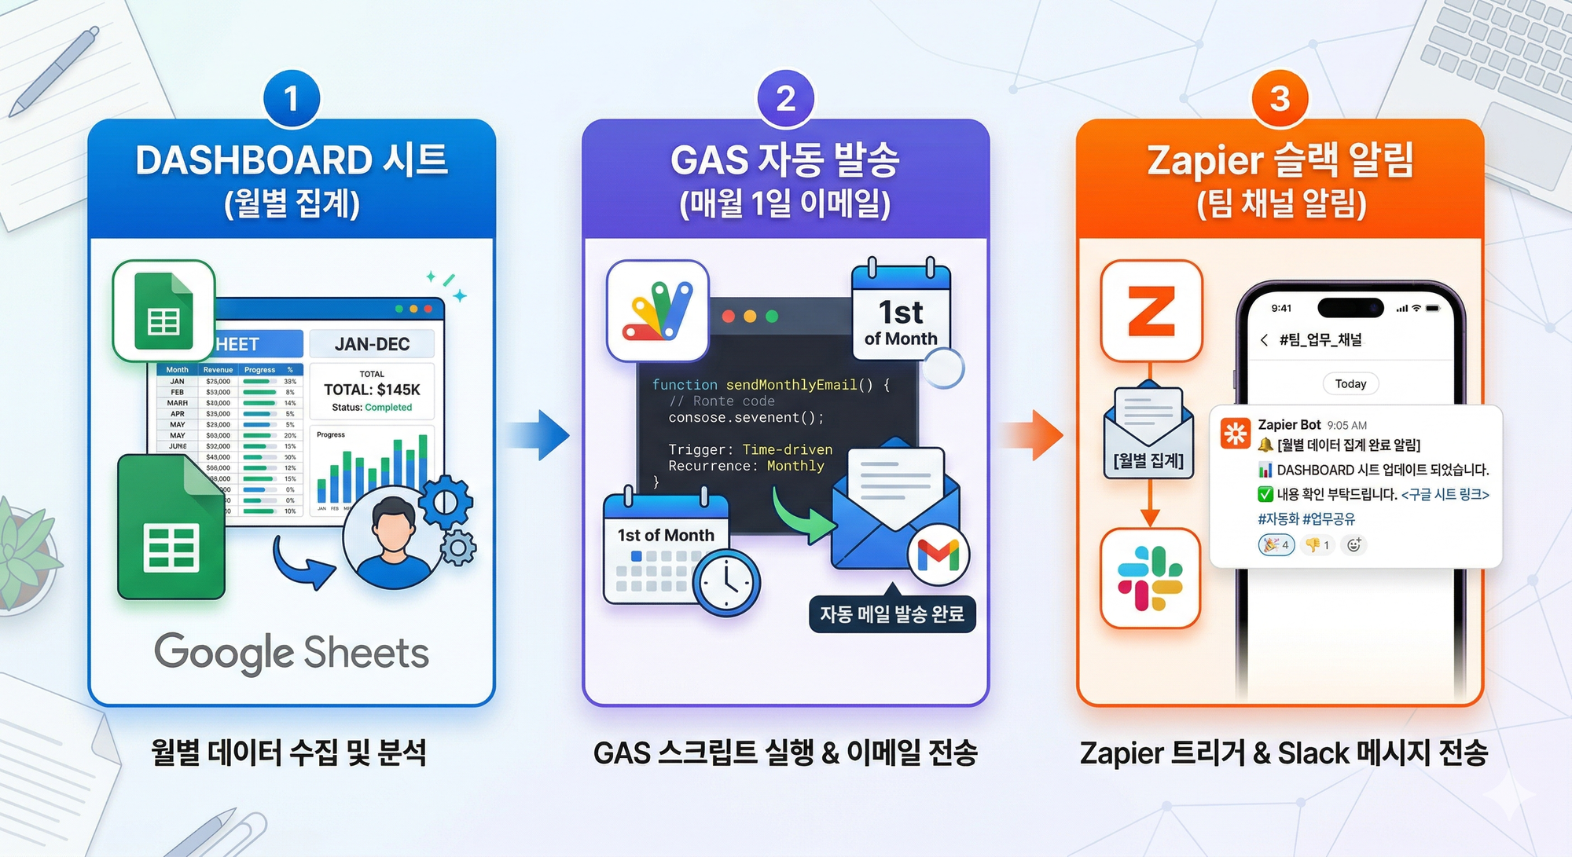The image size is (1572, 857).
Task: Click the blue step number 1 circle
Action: tap(292, 99)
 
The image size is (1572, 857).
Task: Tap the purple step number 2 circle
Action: tap(785, 99)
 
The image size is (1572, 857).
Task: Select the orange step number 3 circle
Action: tap(1280, 99)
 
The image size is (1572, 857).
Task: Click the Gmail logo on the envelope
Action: tap(938, 555)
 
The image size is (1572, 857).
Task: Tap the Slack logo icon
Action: tap(1150, 578)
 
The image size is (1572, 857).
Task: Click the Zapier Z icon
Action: tap(1151, 311)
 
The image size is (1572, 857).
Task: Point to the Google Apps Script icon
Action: tap(658, 311)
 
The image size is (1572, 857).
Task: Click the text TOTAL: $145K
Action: tap(372, 390)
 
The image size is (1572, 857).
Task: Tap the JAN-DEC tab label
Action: tap(372, 344)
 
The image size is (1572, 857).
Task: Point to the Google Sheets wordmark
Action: tap(292, 652)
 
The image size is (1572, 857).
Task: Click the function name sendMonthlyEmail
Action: tap(791, 385)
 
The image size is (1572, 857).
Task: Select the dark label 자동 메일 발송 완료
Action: tap(892, 613)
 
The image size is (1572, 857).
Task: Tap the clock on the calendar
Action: tap(726, 582)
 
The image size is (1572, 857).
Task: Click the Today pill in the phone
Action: tap(1350, 383)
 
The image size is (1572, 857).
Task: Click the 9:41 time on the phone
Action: tap(1281, 308)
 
